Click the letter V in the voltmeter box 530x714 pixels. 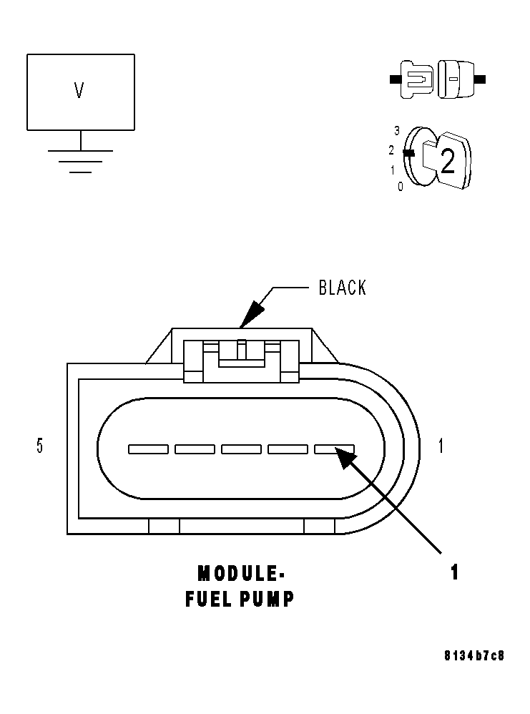pyautogui.click(x=79, y=91)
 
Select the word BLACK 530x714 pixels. pyautogui.click(x=342, y=288)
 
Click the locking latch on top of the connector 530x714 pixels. pyautogui.click(x=242, y=358)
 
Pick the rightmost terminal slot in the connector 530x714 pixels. pyautogui.click(x=334, y=449)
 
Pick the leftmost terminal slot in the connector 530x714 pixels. pyautogui.click(x=148, y=449)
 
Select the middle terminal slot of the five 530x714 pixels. pyautogui.click(x=241, y=449)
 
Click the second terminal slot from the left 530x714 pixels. pyautogui.click(x=195, y=449)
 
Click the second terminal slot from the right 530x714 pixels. pyautogui.click(x=288, y=449)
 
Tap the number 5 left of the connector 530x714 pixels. pyautogui.click(x=39, y=446)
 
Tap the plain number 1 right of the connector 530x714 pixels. pyautogui.click(x=441, y=446)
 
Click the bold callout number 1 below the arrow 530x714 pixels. pyautogui.click(x=453, y=572)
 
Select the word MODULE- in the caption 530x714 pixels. pyautogui.click(x=241, y=574)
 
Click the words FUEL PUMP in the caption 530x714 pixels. pyautogui.click(x=240, y=600)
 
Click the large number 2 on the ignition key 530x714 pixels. pyautogui.click(x=447, y=162)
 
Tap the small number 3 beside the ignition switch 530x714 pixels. pyautogui.click(x=397, y=131)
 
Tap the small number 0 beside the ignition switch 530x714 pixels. pyautogui.click(x=400, y=186)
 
